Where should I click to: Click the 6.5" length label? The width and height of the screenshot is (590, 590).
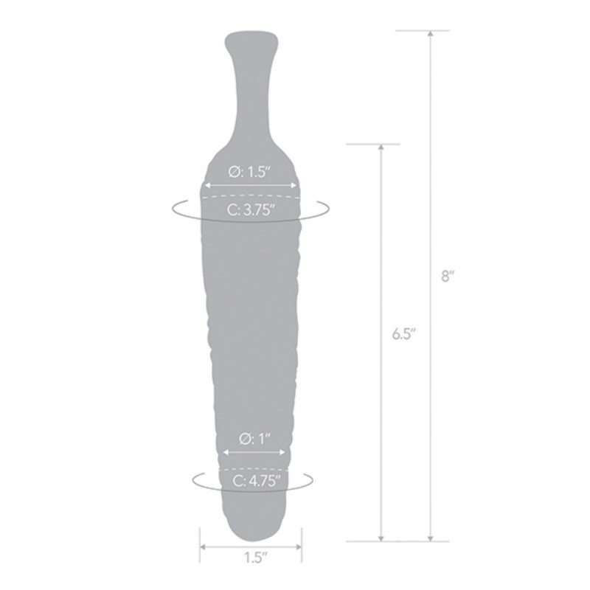tap(404, 333)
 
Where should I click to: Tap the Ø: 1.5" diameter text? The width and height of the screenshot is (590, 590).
tap(251, 171)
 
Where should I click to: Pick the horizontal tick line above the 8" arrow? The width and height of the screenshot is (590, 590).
tap(423, 30)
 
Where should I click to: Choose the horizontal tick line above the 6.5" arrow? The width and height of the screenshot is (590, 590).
tap(373, 143)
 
